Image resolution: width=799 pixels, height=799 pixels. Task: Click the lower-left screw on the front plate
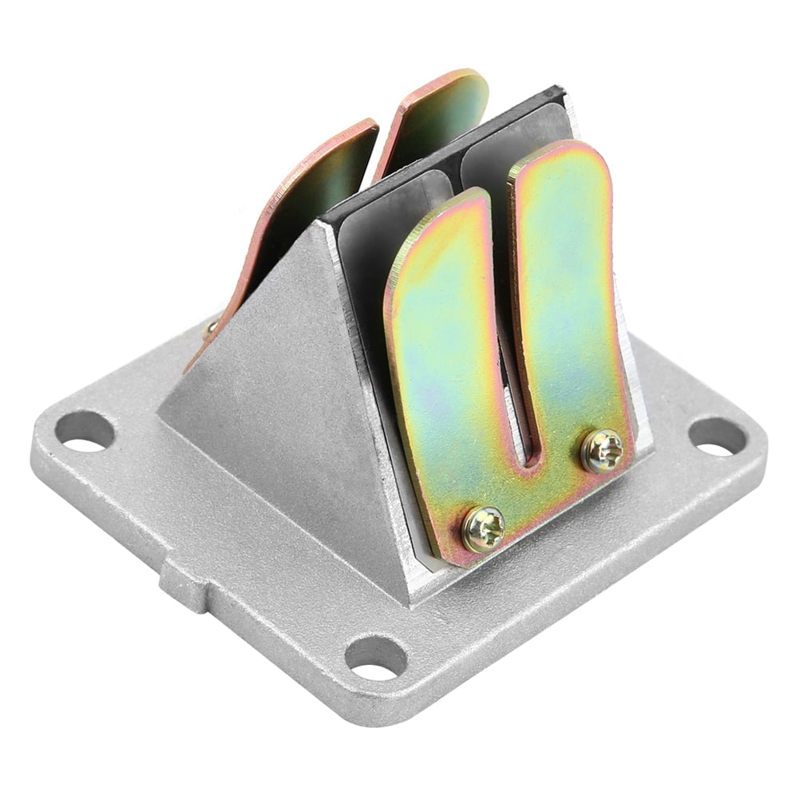(x=483, y=529)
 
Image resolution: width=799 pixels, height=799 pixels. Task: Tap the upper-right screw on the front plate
(x=602, y=451)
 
